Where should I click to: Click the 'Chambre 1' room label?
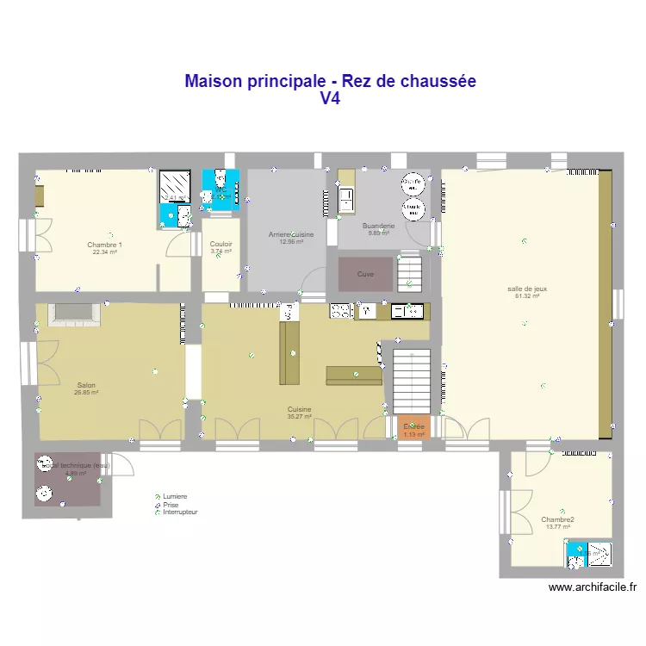point(105,245)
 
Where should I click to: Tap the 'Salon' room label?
point(86,385)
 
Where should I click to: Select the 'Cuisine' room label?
point(300,409)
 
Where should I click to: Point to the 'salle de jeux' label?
point(527,289)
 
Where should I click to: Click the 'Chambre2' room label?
point(558,519)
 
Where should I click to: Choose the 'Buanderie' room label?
point(379,226)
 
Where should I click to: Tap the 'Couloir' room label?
point(221,244)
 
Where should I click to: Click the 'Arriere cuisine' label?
point(291,234)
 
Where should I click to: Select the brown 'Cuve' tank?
point(366,273)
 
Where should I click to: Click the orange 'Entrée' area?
point(413,428)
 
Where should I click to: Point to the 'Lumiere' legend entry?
point(175,496)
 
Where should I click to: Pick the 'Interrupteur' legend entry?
point(180,512)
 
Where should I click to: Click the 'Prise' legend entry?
point(171,504)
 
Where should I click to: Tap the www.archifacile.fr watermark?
point(593,588)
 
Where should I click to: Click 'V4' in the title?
point(331,99)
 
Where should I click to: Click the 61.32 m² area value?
point(527,296)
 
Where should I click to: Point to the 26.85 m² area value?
point(86,392)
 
